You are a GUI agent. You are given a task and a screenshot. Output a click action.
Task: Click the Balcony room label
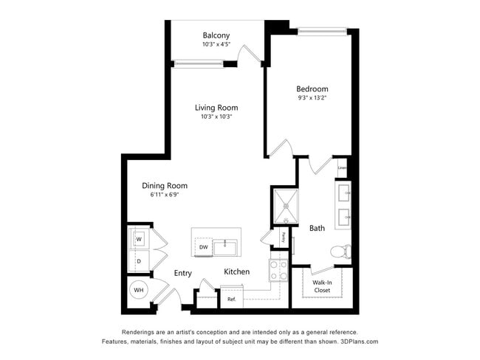(216, 35)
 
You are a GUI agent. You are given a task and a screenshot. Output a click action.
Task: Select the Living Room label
(216, 107)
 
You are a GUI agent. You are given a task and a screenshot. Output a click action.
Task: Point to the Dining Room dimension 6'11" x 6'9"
(164, 195)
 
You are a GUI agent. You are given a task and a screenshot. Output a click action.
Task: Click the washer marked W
(138, 239)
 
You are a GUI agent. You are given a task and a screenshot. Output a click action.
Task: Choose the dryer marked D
(138, 261)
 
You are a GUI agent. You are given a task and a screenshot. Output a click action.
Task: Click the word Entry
(182, 273)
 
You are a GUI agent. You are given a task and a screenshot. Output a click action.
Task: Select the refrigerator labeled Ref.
(231, 299)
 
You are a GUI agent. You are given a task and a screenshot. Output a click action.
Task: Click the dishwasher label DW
(203, 247)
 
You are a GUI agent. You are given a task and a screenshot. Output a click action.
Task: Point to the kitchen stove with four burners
(278, 270)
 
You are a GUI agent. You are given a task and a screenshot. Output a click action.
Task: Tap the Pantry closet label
(284, 238)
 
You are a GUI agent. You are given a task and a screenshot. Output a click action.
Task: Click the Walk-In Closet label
(321, 285)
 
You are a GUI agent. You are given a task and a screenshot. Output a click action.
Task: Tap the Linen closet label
(342, 168)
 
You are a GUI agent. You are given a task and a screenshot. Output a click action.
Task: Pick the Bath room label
(317, 229)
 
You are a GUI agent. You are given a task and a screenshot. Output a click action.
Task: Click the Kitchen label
(237, 271)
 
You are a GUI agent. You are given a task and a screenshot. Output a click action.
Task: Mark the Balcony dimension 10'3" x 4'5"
(216, 44)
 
